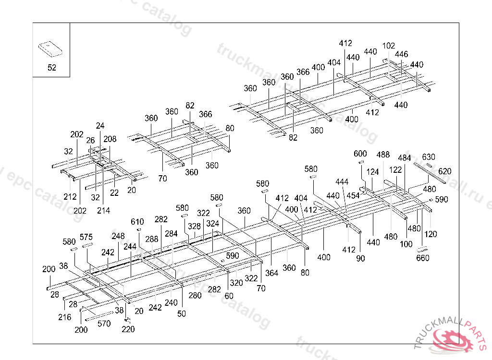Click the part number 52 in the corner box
coord(51,68)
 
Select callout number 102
coord(389,46)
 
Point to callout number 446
coord(401,55)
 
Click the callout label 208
coord(110,139)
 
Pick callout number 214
coord(103,210)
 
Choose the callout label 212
coord(70,196)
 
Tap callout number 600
coord(360,154)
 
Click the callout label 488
coord(383,155)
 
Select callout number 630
coord(429,157)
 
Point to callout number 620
coord(445,171)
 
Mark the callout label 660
coord(423,258)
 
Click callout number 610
coord(137,221)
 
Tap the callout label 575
coord(86,237)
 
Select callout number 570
coord(104,324)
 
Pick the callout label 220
coord(128,329)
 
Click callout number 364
coord(272,273)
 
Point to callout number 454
coord(353,195)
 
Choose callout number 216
coord(65,317)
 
